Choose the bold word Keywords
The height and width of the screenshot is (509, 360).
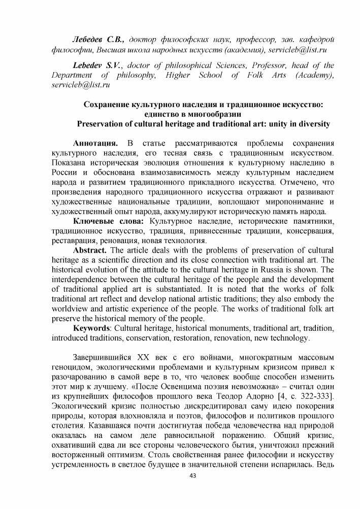(x=92, y=329)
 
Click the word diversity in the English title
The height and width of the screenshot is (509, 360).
(x=308, y=124)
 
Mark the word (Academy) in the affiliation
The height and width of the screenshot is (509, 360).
(x=314, y=75)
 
